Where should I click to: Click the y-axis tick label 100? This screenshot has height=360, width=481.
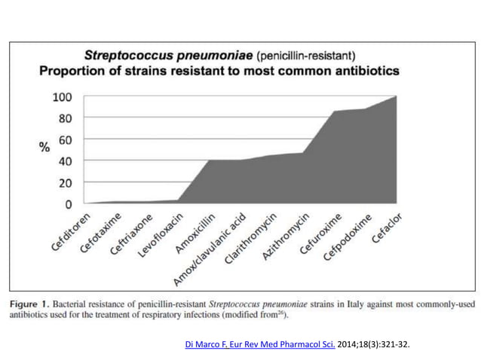(62, 97)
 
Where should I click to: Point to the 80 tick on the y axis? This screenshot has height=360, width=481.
(65, 118)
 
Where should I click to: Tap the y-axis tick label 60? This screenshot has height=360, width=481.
(65, 139)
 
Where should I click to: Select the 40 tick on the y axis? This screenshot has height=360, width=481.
(65, 160)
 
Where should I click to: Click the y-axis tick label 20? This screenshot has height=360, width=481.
(65, 182)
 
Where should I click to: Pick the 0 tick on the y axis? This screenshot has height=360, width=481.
(68, 203)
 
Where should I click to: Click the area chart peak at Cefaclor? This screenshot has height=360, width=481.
(396, 97)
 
